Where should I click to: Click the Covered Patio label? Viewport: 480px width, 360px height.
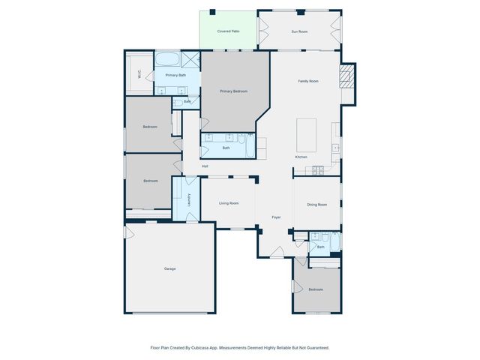tap(229, 31)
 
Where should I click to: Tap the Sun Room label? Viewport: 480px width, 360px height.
tap(300, 31)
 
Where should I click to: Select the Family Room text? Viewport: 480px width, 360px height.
tap(309, 81)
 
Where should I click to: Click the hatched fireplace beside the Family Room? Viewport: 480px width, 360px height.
tap(348, 76)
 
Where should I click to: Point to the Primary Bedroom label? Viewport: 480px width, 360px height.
tap(234, 91)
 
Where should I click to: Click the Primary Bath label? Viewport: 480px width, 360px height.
tap(176, 75)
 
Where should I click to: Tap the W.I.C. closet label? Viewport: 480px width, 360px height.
tap(139, 74)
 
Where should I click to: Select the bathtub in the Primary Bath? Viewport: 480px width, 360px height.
tap(167, 59)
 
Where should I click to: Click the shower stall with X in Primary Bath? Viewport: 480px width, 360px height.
tap(190, 60)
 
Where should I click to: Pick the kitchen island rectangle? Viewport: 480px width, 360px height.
tap(306, 133)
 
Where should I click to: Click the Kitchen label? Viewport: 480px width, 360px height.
tap(301, 157)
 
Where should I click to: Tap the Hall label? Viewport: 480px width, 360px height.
tap(204, 166)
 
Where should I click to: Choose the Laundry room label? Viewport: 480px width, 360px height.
tap(188, 199)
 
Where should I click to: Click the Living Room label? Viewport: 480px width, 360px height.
tap(229, 203)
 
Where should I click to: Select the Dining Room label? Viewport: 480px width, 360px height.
tap(316, 205)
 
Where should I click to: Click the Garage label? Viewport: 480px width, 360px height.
tap(170, 268)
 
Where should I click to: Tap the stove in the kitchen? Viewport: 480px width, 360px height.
tap(319, 169)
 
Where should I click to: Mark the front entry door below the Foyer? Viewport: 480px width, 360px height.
tap(277, 255)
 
